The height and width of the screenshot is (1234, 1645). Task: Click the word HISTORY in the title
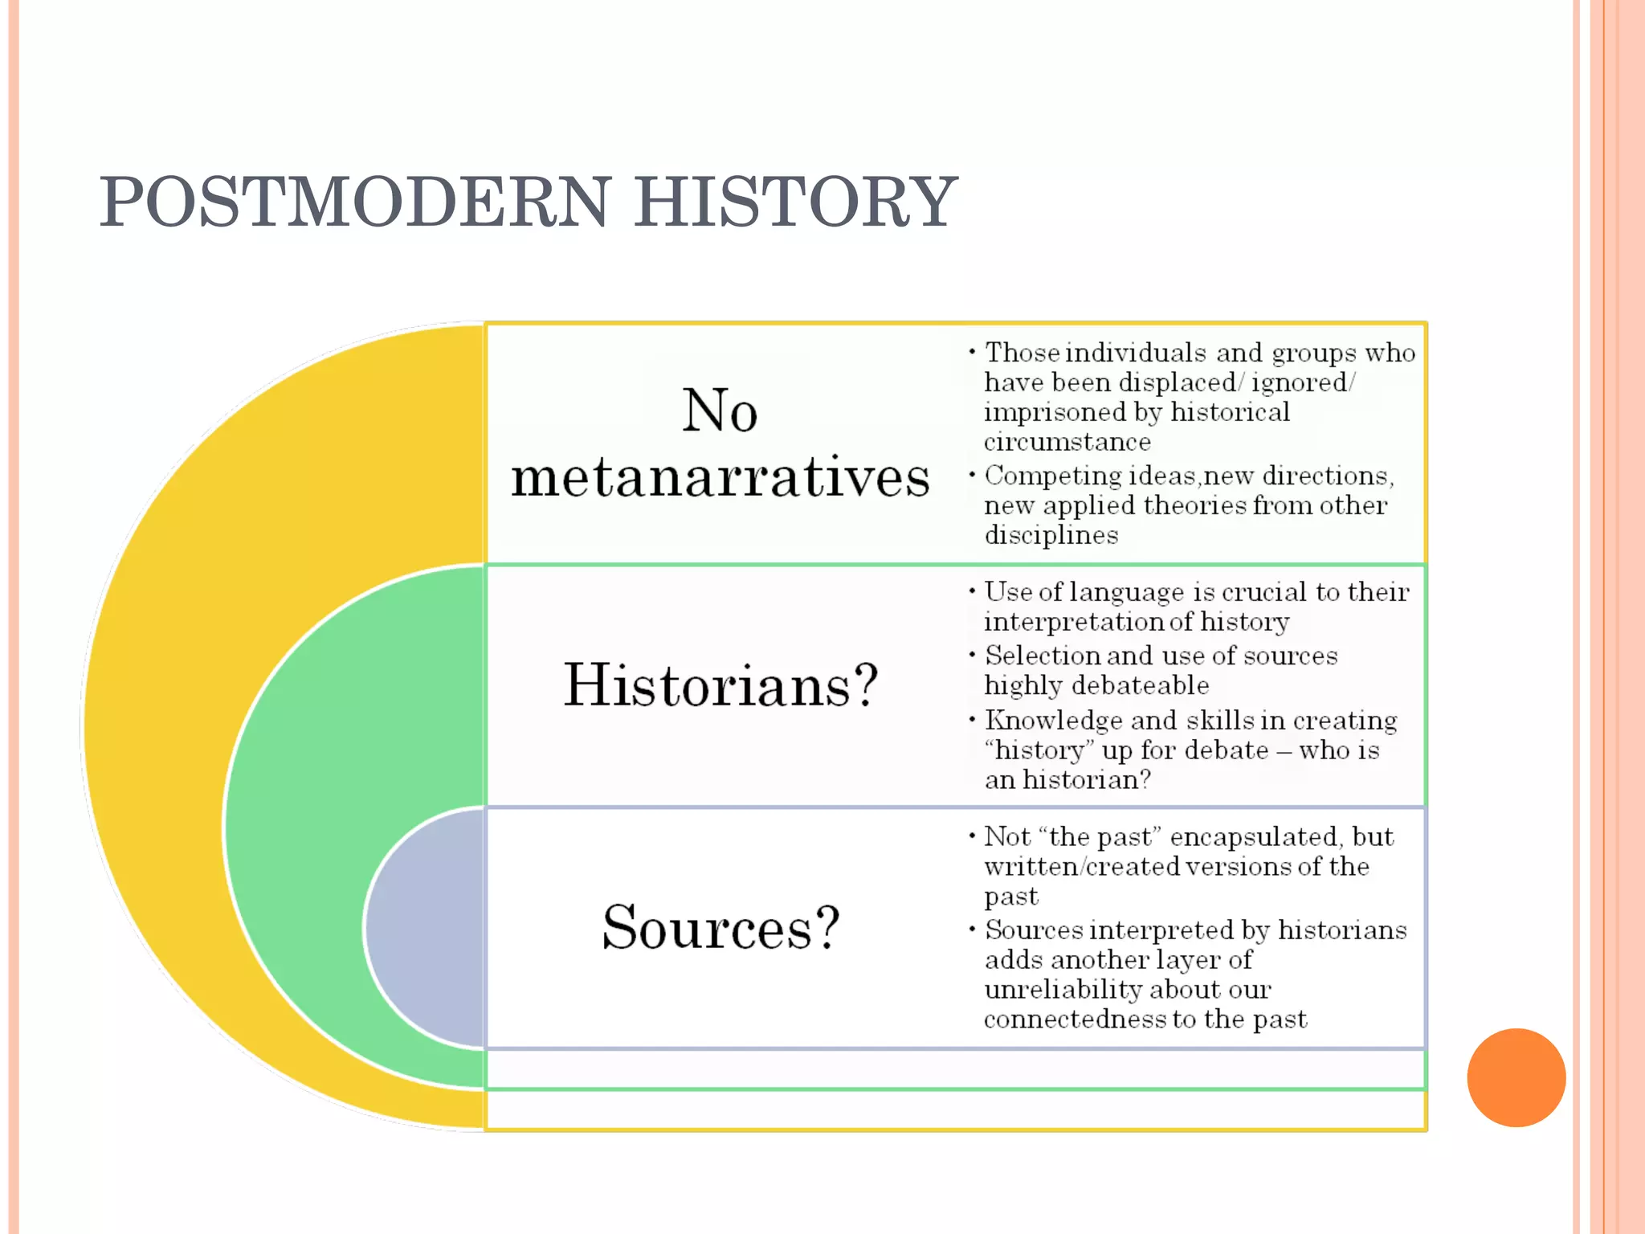795,202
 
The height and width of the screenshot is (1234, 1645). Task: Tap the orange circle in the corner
1516,1077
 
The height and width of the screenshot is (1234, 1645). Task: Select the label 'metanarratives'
720,477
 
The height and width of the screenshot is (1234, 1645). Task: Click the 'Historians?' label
720,685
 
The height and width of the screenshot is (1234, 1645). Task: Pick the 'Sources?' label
720,927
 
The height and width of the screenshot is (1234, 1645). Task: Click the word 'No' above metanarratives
720,411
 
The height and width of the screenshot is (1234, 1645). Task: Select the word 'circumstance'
1067,442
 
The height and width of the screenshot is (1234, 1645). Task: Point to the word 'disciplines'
1051,535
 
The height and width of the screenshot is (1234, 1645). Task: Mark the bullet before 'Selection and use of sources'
972,655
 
